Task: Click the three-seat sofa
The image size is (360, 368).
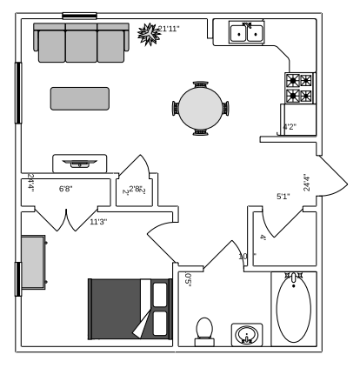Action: coord(81,43)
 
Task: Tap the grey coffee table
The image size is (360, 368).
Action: coord(80,98)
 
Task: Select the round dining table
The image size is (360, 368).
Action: coord(202,109)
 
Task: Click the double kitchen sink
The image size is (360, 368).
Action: coord(247,33)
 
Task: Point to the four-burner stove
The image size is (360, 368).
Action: coord(300,88)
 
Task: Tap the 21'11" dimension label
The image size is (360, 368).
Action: coord(169,29)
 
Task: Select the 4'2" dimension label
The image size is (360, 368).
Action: coord(290,127)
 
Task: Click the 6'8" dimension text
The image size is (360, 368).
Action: coord(65,189)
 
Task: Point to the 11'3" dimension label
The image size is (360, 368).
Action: coord(98,222)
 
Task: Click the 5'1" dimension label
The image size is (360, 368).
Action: coord(283,197)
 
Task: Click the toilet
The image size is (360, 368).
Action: coord(204,329)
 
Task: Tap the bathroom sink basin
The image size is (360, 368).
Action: coord(248,335)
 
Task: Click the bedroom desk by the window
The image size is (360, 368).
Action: coord(34,261)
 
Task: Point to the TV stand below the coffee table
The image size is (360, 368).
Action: coord(80,163)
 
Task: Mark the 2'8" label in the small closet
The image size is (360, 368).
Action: coord(136,189)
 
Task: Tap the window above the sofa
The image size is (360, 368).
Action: coord(79,15)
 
